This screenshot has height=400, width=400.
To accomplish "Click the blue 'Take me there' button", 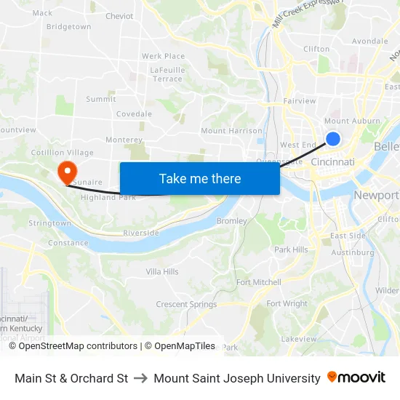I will pos(200,178).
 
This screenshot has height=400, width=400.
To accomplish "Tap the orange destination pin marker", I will pos(67,172).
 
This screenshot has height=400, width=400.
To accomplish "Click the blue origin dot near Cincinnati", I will pos(333,138).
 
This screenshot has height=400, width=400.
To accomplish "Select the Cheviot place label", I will pos(119,16).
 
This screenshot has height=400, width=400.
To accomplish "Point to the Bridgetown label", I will pos(68,27).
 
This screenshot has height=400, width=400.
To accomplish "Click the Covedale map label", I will pos(134,114).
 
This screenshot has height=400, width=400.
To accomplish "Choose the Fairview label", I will pos(299,101).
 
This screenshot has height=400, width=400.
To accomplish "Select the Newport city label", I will pos(375,195).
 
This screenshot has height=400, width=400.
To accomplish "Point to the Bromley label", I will pos(232,220).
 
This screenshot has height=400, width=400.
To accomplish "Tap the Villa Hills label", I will pos(161,271).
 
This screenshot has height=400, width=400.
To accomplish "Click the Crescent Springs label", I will pos(185,304).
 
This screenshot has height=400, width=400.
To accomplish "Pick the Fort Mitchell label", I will pos(258,282).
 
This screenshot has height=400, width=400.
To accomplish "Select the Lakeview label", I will pos(299,339).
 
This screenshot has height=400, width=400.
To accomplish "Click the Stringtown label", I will pos(49,223).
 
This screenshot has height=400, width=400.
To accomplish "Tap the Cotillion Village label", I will pos(62,153).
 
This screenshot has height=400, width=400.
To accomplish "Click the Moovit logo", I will pos(356,377).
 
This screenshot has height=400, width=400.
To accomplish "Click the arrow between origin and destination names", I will pos(141,378).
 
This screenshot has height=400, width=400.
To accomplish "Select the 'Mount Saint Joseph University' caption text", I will pos(237,378).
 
